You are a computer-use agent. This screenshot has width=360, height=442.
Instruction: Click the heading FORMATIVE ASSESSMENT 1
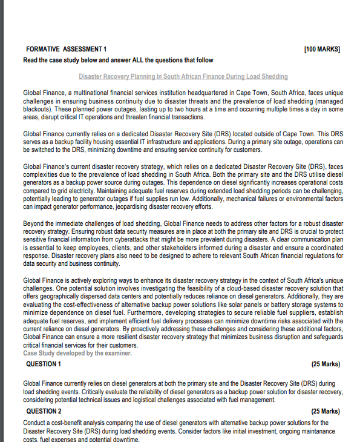tap(67, 48)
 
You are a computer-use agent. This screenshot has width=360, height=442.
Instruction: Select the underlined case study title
tap(183, 76)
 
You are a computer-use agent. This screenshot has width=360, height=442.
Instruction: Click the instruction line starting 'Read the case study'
tap(118, 60)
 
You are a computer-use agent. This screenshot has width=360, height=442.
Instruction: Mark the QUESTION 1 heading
tap(44, 364)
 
